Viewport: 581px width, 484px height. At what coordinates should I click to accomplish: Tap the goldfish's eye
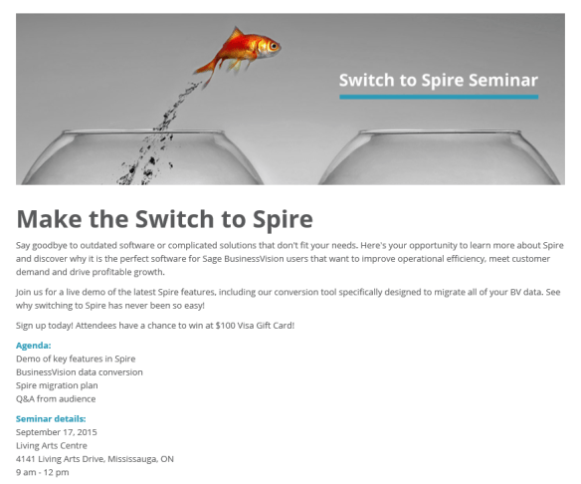[x=270, y=44]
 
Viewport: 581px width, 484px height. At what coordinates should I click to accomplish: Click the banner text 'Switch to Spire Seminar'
[x=438, y=80]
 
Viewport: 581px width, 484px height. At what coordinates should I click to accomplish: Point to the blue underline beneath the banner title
[x=438, y=97]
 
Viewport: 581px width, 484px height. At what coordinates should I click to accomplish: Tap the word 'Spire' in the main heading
[x=275, y=218]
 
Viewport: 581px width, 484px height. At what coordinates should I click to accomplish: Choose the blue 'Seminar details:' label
[x=51, y=418]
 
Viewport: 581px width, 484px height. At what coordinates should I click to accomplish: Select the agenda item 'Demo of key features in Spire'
[x=76, y=359]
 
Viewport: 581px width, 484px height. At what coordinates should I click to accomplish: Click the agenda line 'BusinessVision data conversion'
[x=80, y=371]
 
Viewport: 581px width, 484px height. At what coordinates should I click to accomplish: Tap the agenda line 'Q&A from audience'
[x=56, y=398]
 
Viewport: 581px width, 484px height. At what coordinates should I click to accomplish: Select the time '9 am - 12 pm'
[x=42, y=473]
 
